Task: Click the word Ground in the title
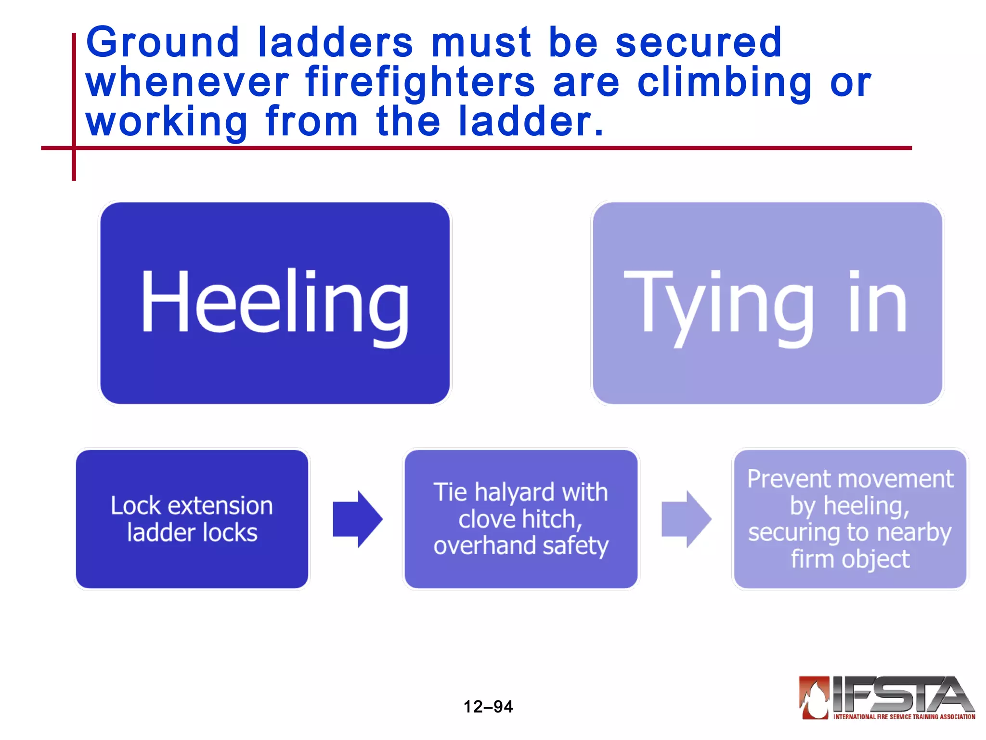tap(162, 42)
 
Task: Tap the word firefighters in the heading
tap(420, 83)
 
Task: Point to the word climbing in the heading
tap(725, 83)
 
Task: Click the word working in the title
tap(167, 122)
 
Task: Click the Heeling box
tap(275, 303)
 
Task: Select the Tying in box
tap(767, 303)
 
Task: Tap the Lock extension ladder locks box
tap(192, 519)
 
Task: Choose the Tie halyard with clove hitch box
tap(521, 519)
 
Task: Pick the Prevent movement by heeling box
tap(850, 519)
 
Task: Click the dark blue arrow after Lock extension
tap(358, 519)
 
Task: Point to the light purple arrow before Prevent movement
tap(686, 519)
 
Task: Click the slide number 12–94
tap(488, 707)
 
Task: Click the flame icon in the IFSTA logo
tap(814, 698)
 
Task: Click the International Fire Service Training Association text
tap(904, 717)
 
